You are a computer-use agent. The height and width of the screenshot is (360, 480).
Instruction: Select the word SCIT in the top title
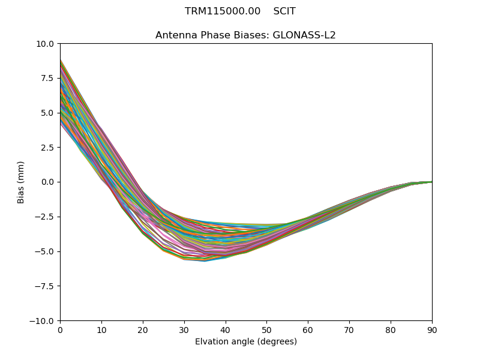[284, 11]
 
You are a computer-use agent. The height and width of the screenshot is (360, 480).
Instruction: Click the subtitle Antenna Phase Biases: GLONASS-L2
[245, 35]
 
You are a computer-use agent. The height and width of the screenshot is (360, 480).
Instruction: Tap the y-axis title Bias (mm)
[21, 182]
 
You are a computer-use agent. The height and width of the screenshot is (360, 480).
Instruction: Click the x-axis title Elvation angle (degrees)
[245, 342]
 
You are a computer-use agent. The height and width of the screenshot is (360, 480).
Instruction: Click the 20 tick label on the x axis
[143, 330]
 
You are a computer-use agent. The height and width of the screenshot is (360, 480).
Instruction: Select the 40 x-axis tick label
[225, 330]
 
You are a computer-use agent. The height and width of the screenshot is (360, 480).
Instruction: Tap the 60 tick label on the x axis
[308, 330]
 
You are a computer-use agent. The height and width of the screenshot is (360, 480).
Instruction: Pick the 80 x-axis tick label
[391, 330]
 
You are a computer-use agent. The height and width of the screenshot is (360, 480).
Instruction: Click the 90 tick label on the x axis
[432, 330]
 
